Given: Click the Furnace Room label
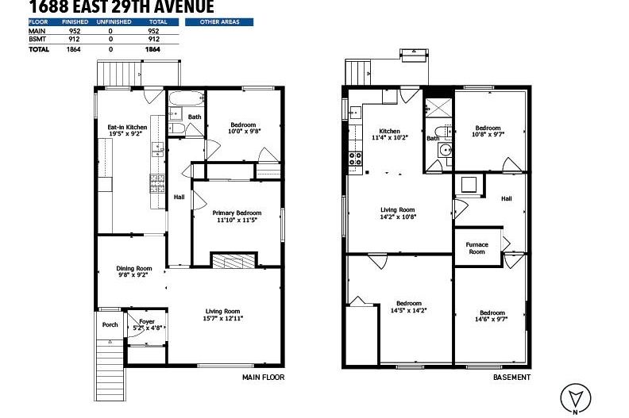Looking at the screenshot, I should (x=477, y=248).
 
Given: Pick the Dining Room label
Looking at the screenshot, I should (x=134, y=271).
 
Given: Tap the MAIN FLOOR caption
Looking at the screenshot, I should (x=263, y=378).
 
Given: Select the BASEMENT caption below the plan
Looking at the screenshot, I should (x=511, y=378).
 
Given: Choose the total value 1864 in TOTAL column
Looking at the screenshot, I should (x=152, y=49).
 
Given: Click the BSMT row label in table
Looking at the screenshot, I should (x=37, y=39).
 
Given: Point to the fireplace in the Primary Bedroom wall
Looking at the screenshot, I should (x=234, y=262).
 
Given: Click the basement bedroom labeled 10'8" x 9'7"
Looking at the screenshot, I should (x=488, y=132).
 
